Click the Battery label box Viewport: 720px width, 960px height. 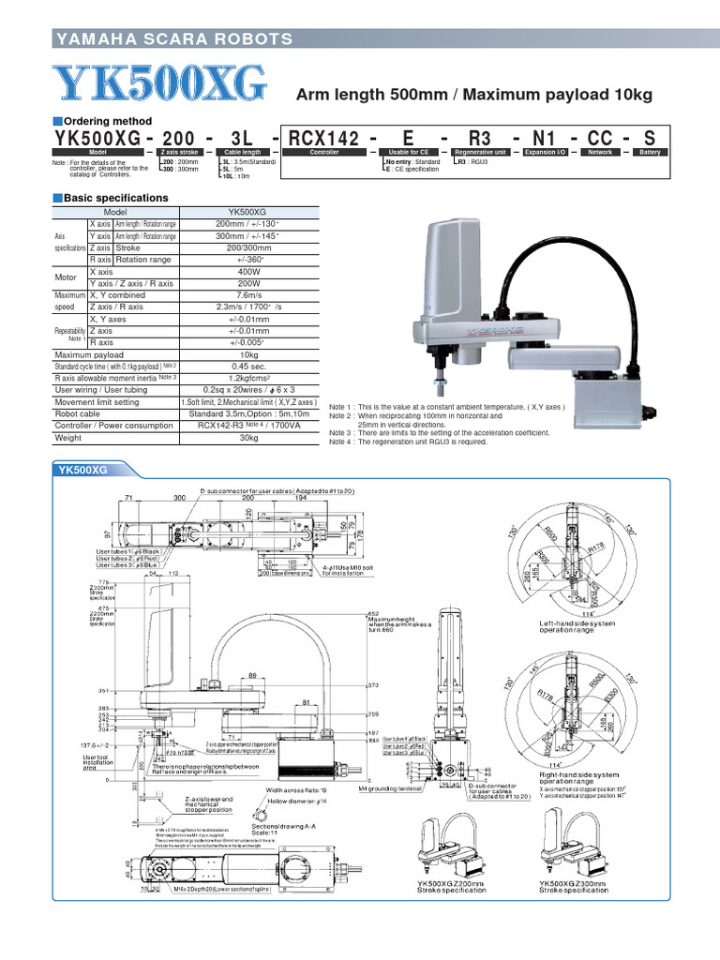click(650, 152)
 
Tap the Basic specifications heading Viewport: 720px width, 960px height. click(115, 199)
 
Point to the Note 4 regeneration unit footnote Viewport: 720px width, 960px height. click(408, 442)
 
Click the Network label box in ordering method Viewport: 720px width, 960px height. click(596, 152)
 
